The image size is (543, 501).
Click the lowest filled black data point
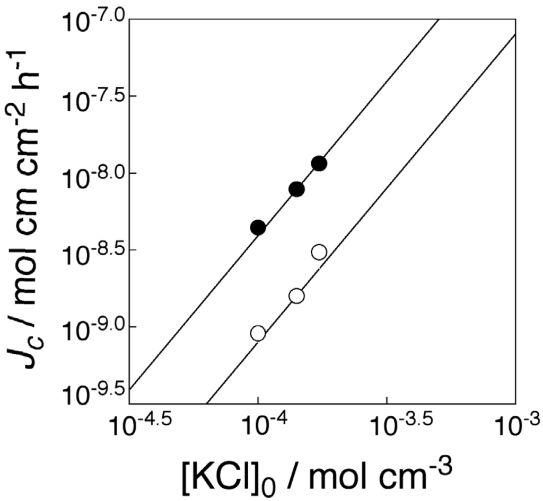pyautogui.click(x=258, y=228)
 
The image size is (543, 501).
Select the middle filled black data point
pyautogui.click(x=296, y=189)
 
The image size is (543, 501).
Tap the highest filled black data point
pyautogui.click(x=319, y=164)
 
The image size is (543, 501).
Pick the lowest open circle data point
pyautogui.click(x=258, y=333)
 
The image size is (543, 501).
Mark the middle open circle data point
pyautogui.click(x=296, y=296)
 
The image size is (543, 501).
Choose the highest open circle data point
pyautogui.click(x=319, y=252)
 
